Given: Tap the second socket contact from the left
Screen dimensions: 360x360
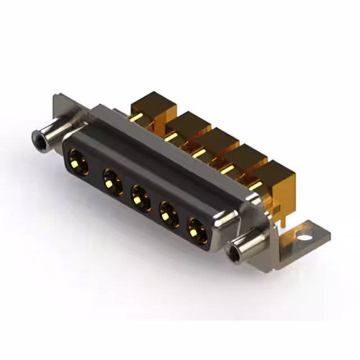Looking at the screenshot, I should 111,182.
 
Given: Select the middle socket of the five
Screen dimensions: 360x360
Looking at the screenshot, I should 139,197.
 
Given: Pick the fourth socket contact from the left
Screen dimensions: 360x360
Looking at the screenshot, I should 168,213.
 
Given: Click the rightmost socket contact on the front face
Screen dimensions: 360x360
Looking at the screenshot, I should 197,228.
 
